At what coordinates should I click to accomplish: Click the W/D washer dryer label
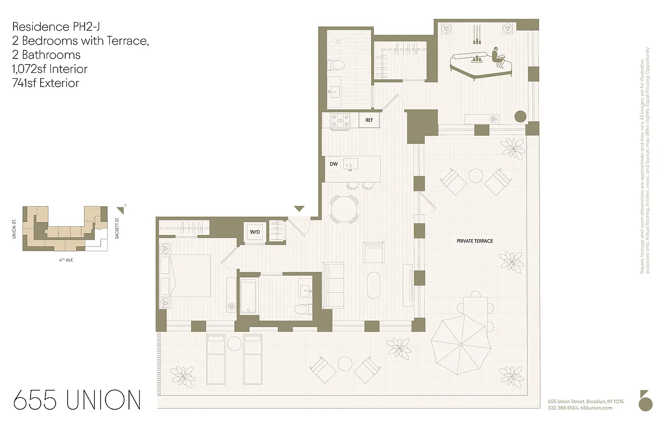[x=254, y=232]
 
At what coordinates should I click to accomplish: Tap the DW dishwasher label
[x=334, y=164]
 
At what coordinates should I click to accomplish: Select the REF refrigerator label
[x=369, y=120]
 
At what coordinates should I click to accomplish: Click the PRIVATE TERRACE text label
[x=475, y=241]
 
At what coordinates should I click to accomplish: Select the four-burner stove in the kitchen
[x=340, y=121]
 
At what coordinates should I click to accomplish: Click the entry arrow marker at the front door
[x=299, y=209]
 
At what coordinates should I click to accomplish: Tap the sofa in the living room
[x=334, y=285]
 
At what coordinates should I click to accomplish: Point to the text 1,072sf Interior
[x=49, y=69]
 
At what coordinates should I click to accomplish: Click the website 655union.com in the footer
[x=596, y=408]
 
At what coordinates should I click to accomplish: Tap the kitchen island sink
[x=351, y=164]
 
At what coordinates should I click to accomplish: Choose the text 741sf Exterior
[x=46, y=83]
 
